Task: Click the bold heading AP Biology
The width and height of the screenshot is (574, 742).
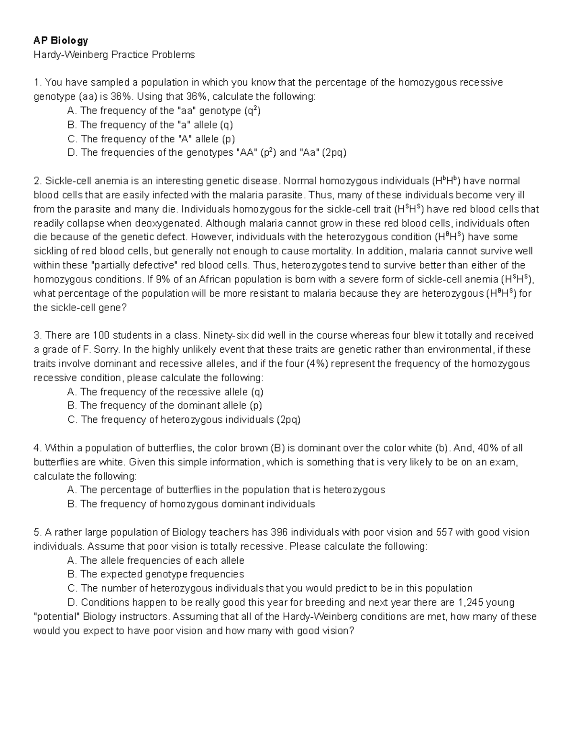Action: pos(61,41)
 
